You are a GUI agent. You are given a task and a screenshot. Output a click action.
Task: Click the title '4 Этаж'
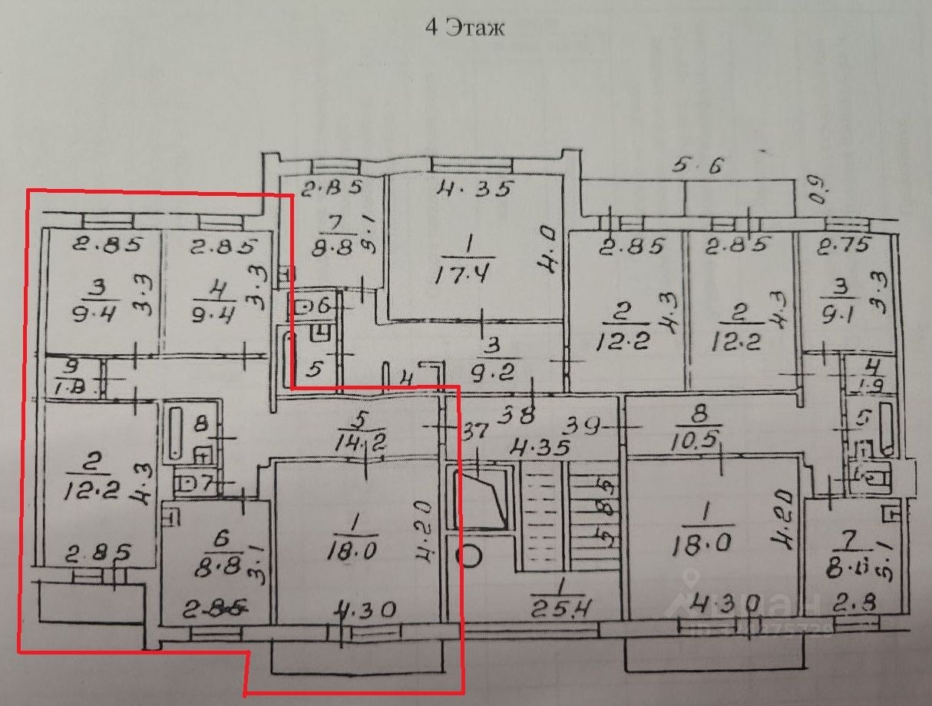click(x=465, y=28)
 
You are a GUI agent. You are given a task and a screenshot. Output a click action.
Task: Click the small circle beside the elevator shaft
click(x=468, y=556)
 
